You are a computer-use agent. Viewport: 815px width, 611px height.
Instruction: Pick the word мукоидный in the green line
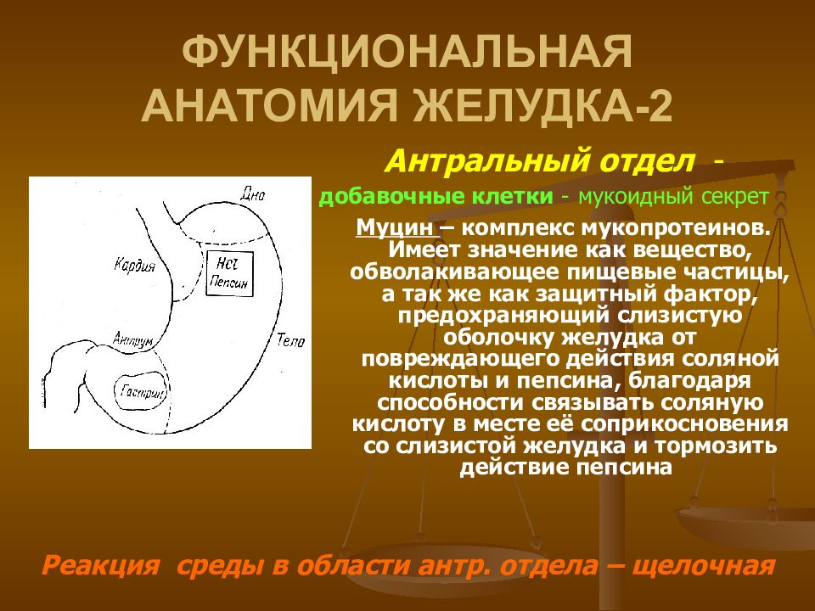[632, 198]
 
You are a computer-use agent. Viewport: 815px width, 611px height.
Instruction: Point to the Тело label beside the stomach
[290, 341]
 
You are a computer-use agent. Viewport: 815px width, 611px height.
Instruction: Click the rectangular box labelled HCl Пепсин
[230, 272]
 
